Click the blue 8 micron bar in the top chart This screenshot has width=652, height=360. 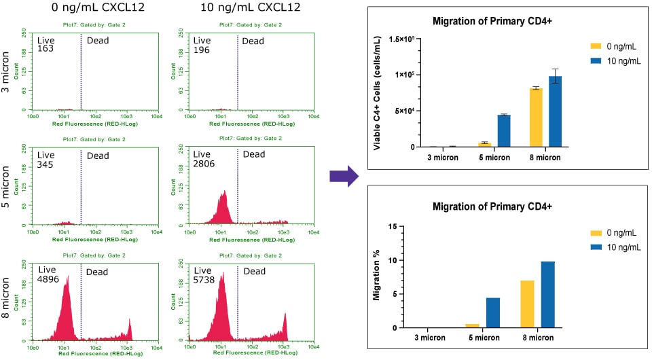tap(555, 111)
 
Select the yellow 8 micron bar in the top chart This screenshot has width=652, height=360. tap(536, 118)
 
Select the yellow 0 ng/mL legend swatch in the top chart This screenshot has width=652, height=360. tap(595, 46)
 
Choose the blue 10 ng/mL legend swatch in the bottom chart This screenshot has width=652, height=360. tap(595, 246)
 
